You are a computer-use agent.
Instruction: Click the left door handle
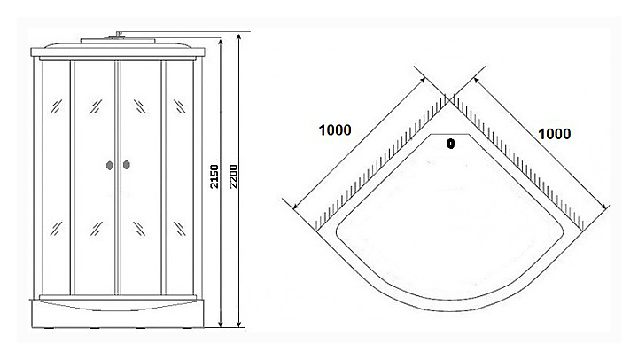point(109,164)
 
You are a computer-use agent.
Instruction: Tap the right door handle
point(127,164)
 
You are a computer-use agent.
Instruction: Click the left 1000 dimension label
point(334,129)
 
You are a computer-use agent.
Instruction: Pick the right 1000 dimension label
point(554,133)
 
